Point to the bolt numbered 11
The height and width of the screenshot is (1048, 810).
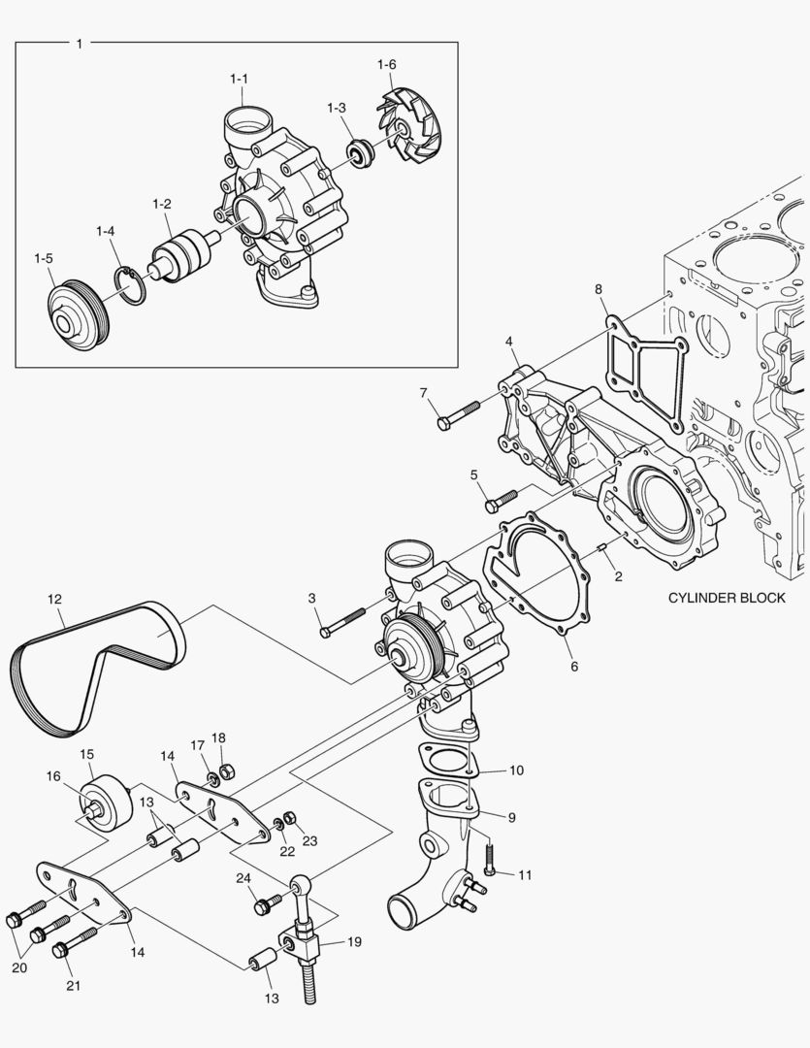489,858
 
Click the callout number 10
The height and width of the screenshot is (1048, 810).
516,770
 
